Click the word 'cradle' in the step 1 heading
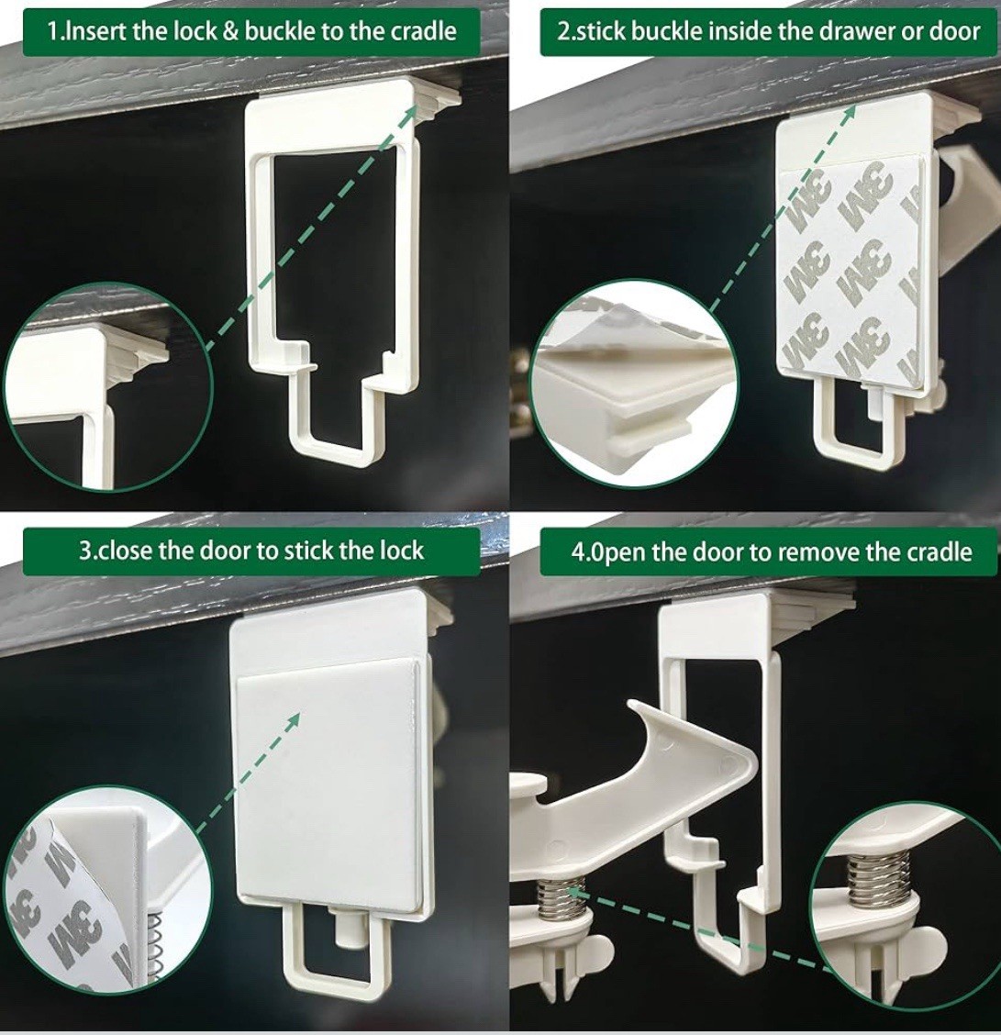(x=423, y=32)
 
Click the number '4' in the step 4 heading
(x=578, y=551)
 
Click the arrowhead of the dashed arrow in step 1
(x=411, y=111)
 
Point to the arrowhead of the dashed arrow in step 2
(x=849, y=112)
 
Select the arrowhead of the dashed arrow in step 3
(x=293, y=720)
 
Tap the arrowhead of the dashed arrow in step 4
(x=575, y=894)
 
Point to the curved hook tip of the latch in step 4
(x=636, y=707)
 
